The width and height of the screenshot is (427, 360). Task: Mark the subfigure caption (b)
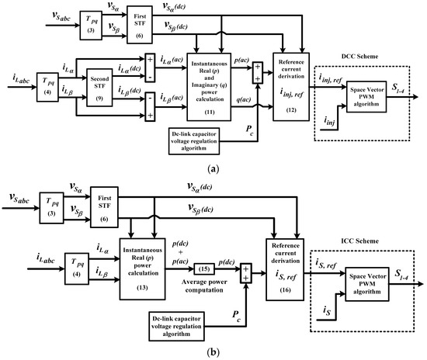[x=213, y=351]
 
